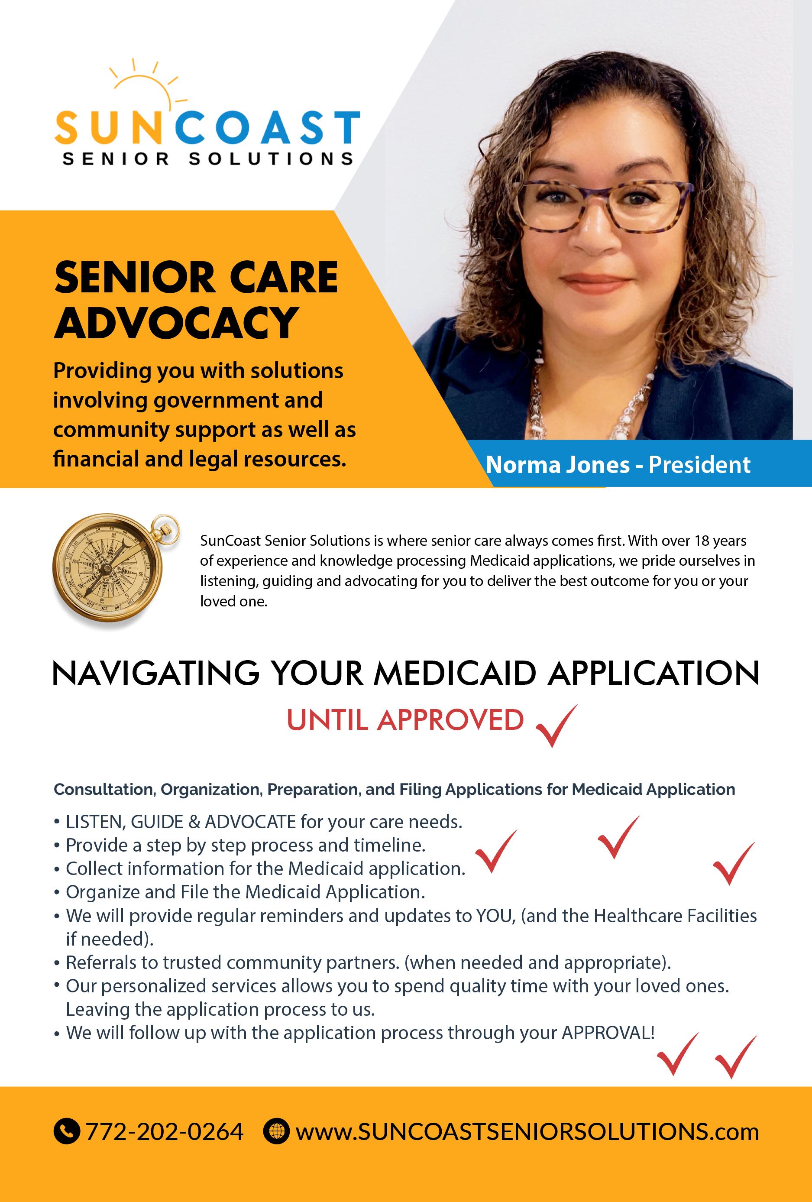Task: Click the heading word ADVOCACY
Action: [176, 322]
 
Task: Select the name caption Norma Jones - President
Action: [618, 464]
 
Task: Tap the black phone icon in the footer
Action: [67, 1132]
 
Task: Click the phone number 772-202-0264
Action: [165, 1132]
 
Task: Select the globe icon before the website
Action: [276, 1132]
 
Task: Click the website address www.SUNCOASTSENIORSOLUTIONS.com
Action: [527, 1132]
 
